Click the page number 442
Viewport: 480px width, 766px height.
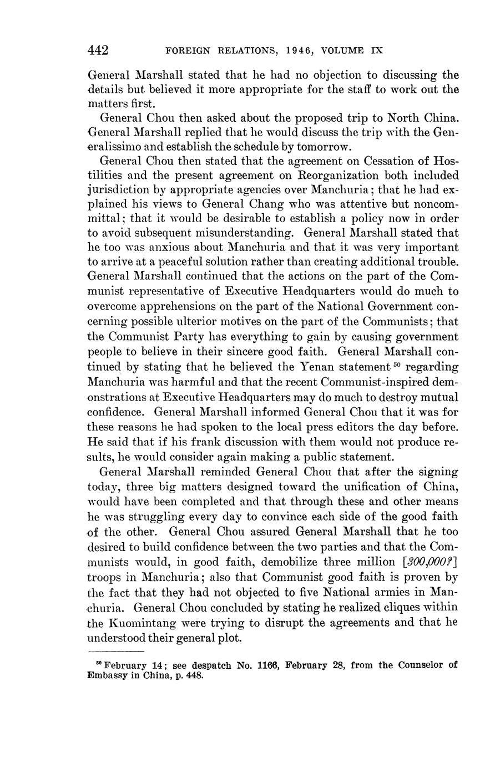pos(98,51)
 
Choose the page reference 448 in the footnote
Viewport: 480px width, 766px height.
pos(188,676)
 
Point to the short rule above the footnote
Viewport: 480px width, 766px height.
pos(116,652)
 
